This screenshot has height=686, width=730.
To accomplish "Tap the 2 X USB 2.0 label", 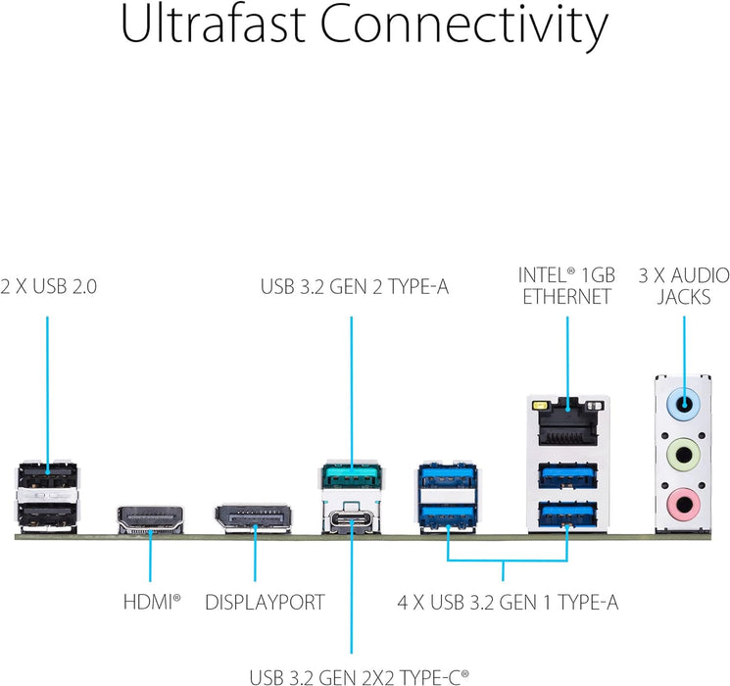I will tap(48, 287).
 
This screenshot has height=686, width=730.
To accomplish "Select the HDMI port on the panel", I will tap(151, 519).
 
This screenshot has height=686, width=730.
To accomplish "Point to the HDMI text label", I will tap(151, 602).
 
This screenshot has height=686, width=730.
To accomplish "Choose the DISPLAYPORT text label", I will tap(264, 602).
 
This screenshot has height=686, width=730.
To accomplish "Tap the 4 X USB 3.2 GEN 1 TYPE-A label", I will tap(507, 602).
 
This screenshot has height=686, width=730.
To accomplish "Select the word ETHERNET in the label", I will tap(566, 297).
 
